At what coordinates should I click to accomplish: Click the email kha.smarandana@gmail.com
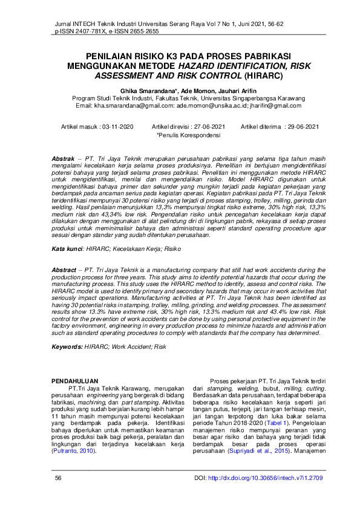[133, 105]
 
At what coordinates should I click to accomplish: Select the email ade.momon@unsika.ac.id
[214, 105]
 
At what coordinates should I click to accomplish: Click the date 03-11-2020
[117, 127]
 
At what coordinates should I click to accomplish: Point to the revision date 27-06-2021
[206, 127]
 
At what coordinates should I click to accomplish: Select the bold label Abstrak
[64, 158]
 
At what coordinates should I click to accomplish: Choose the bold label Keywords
[67, 347]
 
